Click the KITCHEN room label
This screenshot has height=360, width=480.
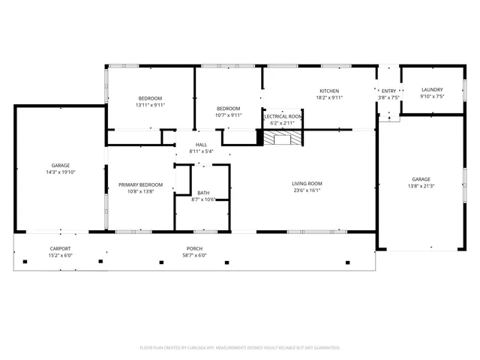328,91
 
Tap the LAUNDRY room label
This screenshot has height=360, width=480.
432,89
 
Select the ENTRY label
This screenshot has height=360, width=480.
388,91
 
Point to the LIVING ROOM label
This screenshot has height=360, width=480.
307,184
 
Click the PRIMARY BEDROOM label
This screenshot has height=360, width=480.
140,184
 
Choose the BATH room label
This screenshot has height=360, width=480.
203,193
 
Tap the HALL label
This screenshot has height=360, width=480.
201,145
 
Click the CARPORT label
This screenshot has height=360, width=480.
60,248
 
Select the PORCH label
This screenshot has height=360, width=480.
195,248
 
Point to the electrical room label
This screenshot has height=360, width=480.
283,117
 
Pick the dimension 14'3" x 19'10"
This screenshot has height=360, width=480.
61,172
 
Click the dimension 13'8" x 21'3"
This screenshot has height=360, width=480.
421,186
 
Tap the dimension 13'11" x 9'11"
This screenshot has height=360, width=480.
150,105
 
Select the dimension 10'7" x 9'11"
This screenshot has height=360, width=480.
229,115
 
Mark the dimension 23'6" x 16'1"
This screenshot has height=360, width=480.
307,190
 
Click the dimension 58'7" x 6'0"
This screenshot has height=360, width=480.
195,255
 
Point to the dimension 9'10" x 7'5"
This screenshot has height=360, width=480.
432,96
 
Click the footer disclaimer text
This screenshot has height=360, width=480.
240,347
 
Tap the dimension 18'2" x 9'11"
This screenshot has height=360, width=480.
328,97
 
